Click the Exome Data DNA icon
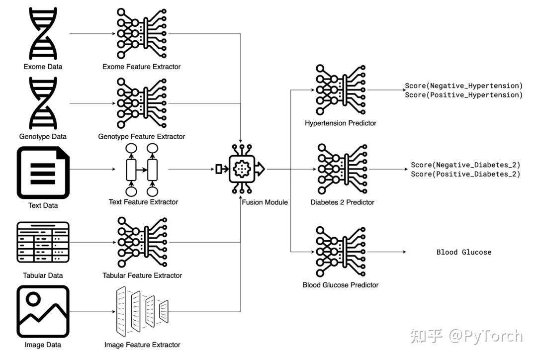click(x=43, y=34)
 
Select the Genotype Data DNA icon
click(x=43, y=103)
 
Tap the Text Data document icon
click(x=43, y=173)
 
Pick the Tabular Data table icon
click(x=43, y=243)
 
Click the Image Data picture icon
click(x=43, y=311)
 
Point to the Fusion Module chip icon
click(x=242, y=169)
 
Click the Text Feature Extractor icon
click(x=142, y=170)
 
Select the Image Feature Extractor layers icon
click(x=142, y=311)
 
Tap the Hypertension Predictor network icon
click(x=341, y=90)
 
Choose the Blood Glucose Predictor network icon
click(x=341, y=252)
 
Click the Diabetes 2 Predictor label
click(x=342, y=202)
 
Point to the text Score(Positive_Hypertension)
click(x=464, y=95)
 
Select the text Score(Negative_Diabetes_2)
click(x=465, y=165)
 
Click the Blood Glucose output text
click(x=464, y=252)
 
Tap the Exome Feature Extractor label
click(x=141, y=67)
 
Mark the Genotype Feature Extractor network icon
click(x=141, y=103)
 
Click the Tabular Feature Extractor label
click(x=142, y=275)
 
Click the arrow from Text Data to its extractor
click(x=92, y=169)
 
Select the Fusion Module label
click(x=265, y=202)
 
